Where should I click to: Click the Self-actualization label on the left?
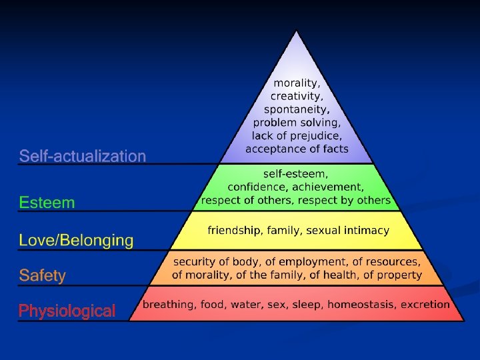tap(82, 157)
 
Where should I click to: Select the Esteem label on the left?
tap(47, 202)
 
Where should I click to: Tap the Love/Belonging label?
tap(76, 240)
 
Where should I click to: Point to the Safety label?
tap(43, 275)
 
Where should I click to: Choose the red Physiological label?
tap(67, 311)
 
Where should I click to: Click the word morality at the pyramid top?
tap(297, 84)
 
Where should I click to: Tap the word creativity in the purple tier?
tap(297, 97)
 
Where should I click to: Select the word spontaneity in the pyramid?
tap(297, 109)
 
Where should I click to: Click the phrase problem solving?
tap(297, 123)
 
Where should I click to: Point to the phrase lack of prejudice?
tap(297, 135)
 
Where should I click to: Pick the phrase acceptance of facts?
tap(297, 149)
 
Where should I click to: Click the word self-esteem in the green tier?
tap(296, 174)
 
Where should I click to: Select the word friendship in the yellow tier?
tap(233, 230)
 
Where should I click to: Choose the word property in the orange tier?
tap(399, 274)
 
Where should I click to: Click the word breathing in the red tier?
tap(168, 305)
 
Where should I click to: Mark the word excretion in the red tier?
tap(425, 305)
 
